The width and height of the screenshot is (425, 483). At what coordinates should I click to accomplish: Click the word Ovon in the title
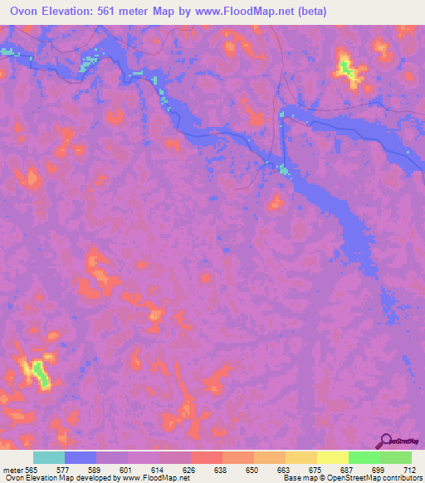pyautogui.click(x=27, y=12)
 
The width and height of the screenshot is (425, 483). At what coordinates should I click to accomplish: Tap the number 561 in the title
pyautogui.click(x=127, y=12)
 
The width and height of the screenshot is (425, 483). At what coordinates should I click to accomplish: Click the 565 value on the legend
pyautogui.click(x=32, y=470)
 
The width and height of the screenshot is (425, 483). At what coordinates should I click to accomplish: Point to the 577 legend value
pyautogui.click(x=65, y=470)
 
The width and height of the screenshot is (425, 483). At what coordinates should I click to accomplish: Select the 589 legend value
pyautogui.click(x=97, y=470)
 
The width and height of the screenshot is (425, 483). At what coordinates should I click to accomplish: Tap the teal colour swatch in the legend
pyautogui.click(x=49, y=457)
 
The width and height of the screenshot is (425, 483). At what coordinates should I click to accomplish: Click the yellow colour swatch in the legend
pyautogui.click(x=332, y=457)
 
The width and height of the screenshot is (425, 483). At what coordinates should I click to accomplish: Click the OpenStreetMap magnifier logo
pyautogui.click(x=386, y=440)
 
